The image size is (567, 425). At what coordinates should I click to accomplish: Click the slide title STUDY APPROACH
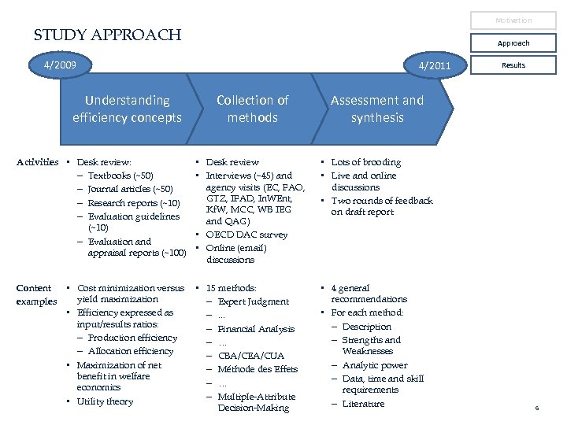pos(107,35)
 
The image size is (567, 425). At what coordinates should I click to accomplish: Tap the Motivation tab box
pos(513,20)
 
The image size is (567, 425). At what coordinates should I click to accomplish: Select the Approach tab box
pos(513,43)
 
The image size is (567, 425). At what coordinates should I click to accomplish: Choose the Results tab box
pos(513,65)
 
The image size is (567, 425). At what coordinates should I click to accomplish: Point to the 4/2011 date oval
pos(435,65)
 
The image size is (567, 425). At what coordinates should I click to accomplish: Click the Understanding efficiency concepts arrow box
pos(127,109)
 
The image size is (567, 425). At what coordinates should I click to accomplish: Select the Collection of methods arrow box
pos(252,109)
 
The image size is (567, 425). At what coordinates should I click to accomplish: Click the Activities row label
pos(38,162)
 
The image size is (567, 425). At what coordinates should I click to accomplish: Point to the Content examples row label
pos(37,294)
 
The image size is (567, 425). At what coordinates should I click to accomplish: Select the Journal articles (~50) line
pos(130,189)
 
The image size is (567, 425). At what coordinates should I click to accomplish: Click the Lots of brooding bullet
pos(365,162)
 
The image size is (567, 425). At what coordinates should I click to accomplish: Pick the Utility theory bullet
pos(105,401)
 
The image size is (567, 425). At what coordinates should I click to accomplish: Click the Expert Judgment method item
pos(253,301)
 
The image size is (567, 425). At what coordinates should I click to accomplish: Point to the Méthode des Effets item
pos(258,369)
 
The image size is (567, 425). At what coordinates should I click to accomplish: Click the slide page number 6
pos(536,408)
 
